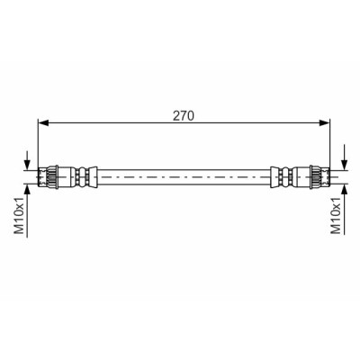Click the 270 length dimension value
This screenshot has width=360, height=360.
[x=184, y=116]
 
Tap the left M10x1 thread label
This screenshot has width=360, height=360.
[x=20, y=216]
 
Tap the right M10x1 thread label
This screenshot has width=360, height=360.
[x=336, y=216]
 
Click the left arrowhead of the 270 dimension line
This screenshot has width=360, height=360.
[x=44, y=122]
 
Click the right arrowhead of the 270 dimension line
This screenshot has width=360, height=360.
[x=324, y=122]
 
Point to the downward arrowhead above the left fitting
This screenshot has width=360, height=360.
[x=27, y=165]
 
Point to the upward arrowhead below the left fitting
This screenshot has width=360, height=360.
[x=27, y=189]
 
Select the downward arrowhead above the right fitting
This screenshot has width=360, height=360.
[x=345, y=165]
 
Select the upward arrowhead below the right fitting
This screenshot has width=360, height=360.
[x=345, y=189]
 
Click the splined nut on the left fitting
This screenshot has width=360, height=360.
[x=52, y=177]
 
